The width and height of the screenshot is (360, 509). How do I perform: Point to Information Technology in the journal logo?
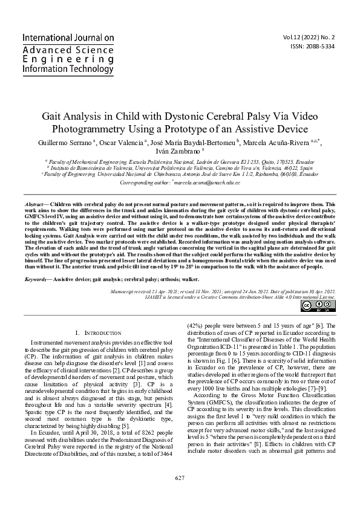(67, 70)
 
